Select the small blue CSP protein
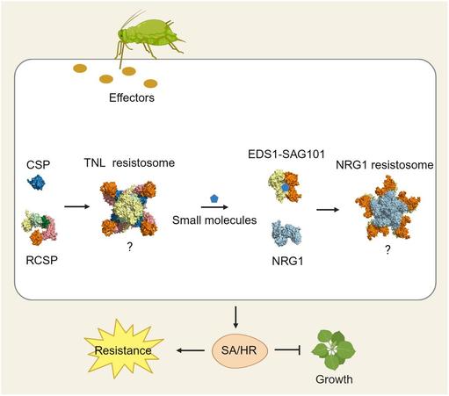coord(38,184)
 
